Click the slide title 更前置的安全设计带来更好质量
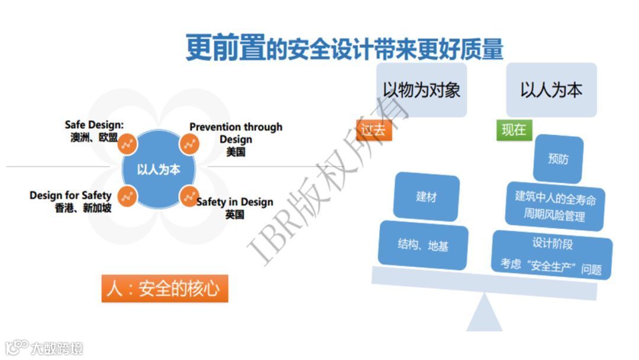344,48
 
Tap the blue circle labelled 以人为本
158,169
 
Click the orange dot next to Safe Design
127,144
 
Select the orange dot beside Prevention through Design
188,144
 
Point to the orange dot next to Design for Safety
127,196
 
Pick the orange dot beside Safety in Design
188,196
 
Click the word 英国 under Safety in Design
234,214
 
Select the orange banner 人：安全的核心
164,288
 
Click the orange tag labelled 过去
374,130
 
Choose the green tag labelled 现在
514,130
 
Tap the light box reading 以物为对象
421,90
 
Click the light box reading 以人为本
551,90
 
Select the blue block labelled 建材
426,197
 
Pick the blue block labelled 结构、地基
423,244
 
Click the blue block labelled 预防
558,159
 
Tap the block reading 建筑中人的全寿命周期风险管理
555,206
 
